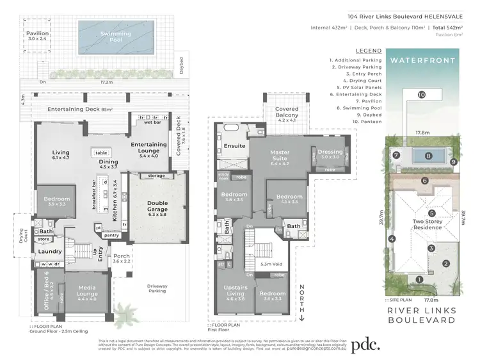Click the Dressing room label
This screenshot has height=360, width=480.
[x=330, y=154]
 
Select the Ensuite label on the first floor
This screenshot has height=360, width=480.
[x=234, y=146]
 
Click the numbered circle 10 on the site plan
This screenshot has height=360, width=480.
[x=421, y=95]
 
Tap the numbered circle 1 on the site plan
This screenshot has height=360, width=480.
[x=419, y=279]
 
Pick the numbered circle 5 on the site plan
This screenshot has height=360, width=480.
[x=432, y=213]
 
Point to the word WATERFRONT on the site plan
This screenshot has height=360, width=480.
[x=422, y=61]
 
